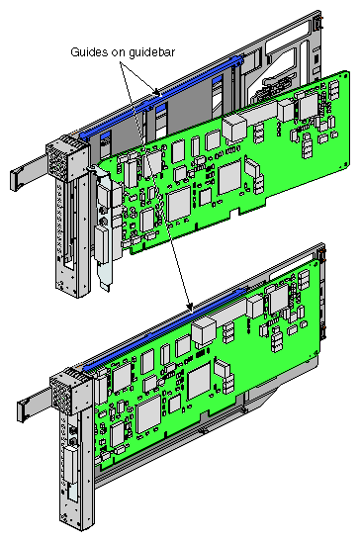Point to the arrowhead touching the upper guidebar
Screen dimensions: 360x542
point(157,92)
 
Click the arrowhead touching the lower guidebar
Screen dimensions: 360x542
point(189,306)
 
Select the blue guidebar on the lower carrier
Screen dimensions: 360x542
point(166,328)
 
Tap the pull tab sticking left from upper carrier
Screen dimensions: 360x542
point(28,173)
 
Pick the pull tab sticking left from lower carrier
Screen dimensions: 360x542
point(34,405)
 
